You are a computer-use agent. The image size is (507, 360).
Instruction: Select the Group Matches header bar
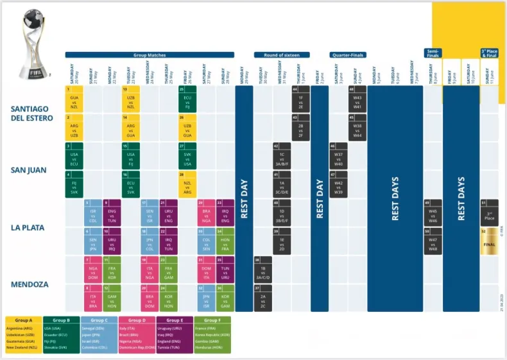(150, 55)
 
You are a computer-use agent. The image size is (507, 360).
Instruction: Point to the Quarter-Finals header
(347, 55)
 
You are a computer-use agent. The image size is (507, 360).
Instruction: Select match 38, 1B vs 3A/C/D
(263, 270)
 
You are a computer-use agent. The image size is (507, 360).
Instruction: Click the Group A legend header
(23, 320)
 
